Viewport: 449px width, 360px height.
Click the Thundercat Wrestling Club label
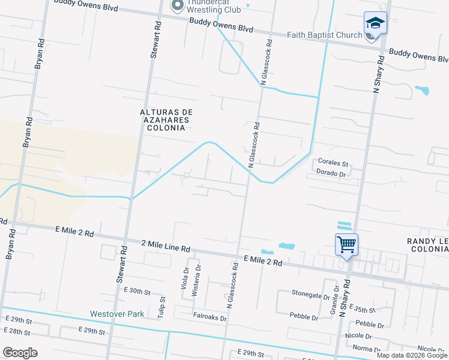[x=214, y=6]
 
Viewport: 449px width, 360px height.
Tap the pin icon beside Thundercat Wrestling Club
[x=178, y=6]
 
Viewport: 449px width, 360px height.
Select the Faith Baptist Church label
[x=324, y=35]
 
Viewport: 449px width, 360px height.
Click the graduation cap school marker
[x=375, y=23]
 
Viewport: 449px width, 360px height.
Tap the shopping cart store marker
[x=346, y=245]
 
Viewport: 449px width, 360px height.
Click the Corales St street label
[x=333, y=163]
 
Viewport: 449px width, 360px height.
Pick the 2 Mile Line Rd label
[x=166, y=246]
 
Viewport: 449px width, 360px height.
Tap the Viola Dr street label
[x=184, y=277]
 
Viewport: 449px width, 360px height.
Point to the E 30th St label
[x=137, y=290]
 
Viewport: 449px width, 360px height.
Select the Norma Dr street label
[x=363, y=348]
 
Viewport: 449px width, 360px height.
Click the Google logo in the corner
[x=20, y=352]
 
